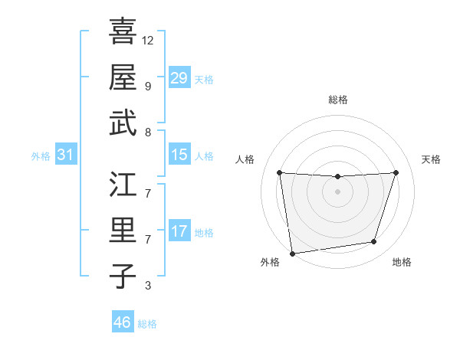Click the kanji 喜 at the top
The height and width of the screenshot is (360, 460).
(123, 32)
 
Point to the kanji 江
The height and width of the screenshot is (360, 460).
(123, 185)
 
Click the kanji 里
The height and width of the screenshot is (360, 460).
(123, 231)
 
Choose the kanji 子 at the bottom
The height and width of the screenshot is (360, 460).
(123, 276)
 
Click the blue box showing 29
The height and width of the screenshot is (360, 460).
(179, 77)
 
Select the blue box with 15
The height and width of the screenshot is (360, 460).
(179, 155)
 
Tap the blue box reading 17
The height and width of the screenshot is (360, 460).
(179, 231)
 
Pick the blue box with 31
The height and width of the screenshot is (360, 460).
(66, 155)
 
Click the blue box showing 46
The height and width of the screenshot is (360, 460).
(123, 322)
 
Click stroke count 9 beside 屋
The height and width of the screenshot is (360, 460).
(147, 87)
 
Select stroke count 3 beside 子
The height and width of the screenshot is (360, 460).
(147, 286)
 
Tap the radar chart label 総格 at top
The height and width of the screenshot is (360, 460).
(337, 100)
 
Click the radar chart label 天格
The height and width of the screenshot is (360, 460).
(431, 159)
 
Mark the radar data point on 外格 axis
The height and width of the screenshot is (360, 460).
(292, 253)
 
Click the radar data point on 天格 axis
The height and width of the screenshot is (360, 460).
(396, 172)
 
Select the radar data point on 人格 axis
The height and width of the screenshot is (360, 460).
(279, 172)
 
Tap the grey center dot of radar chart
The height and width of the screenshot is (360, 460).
(337, 191)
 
